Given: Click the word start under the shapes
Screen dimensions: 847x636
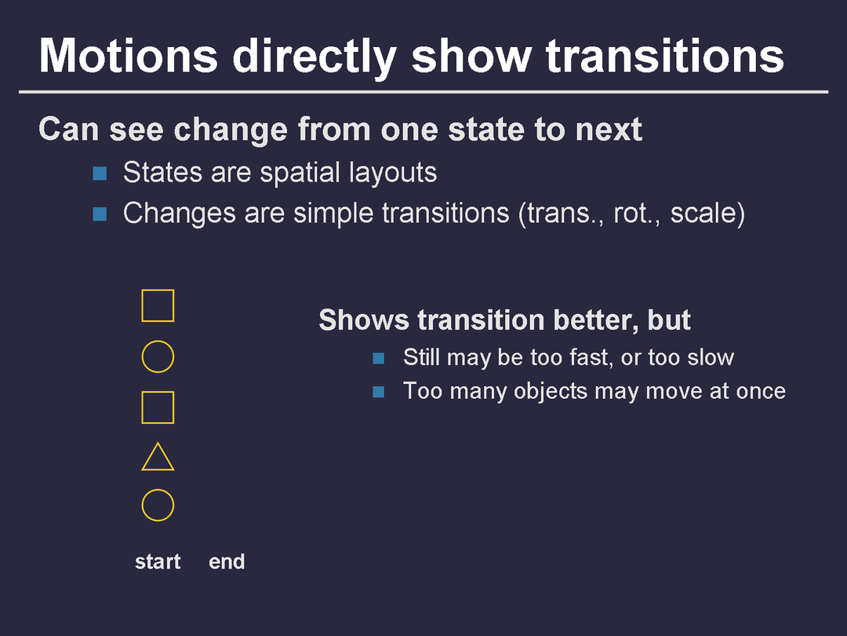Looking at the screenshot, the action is [158, 562].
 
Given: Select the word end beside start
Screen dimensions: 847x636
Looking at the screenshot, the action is [227, 562].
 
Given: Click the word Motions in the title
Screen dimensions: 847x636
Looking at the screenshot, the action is [129, 56].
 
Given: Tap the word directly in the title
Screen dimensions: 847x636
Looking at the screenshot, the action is [315, 57].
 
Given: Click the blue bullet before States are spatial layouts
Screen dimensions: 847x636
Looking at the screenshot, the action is [100, 174].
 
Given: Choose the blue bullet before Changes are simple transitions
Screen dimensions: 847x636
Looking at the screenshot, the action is [100, 214].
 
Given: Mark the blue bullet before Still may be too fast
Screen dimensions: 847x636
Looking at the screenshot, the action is [379, 358].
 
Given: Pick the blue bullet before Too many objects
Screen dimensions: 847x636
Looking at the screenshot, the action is [379, 392].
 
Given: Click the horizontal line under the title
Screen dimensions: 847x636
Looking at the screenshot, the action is [423, 92].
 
